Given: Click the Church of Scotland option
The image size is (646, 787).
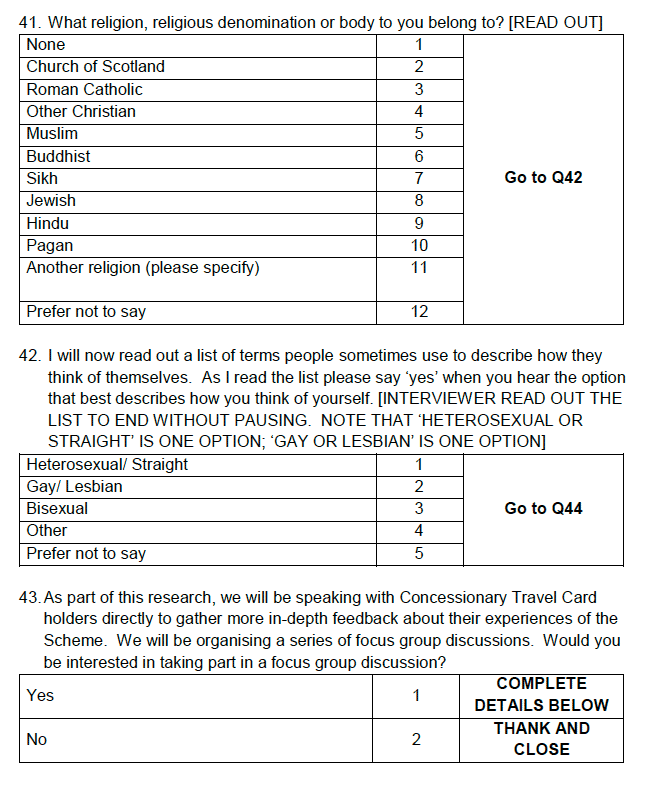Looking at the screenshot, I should click(x=95, y=67).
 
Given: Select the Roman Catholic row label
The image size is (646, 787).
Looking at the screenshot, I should click(x=84, y=89).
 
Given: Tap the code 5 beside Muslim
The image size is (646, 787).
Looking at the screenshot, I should click(x=419, y=134).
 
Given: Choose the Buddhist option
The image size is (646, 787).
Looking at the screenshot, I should click(x=58, y=156).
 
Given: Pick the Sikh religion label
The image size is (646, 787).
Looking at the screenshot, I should click(x=42, y=178).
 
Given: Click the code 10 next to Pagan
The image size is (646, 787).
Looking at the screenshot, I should click(x=419, y=246).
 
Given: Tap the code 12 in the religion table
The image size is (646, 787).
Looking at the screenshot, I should click(x=419, y=312).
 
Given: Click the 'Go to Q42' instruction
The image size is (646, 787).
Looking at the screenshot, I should click(x=543, y=178).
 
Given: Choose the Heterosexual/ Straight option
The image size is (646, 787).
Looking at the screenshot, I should click(x=107, y=465).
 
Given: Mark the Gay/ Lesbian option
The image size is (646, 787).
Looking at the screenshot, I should click(x=74, y=487).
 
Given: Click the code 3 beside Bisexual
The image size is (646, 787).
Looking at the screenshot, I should click(x=419, y=509).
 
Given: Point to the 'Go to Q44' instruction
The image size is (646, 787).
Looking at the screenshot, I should click(x=543, y=509).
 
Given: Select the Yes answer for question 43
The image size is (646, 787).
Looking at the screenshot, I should click(x=40, y=695).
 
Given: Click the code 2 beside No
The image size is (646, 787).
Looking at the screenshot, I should click(x=416, y=740).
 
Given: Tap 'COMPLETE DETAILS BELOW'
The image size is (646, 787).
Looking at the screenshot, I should click(x=542, y=694).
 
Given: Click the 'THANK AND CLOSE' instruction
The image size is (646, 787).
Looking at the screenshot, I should click(x=542, y=739).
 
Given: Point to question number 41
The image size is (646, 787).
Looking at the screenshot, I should click(x=30, y=23).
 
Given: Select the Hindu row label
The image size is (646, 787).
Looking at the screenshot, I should click(x=47, y=224).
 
